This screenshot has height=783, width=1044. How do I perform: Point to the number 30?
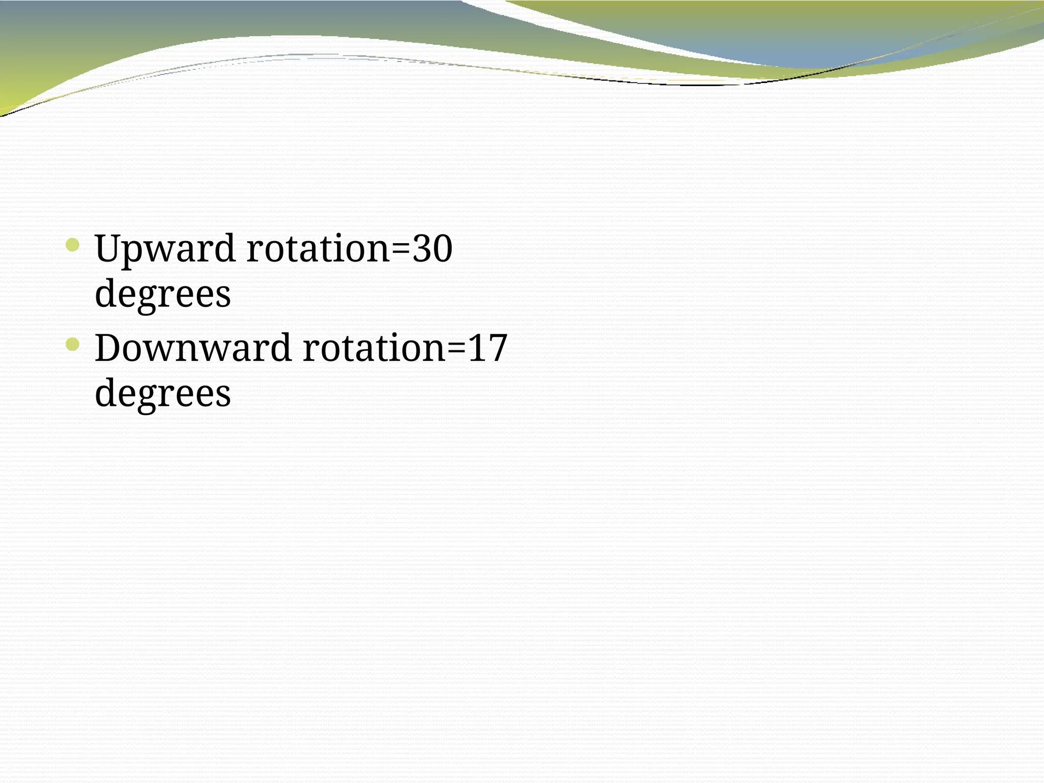(x=432, y=249)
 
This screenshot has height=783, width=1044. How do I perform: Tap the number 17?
(x=487, y=349)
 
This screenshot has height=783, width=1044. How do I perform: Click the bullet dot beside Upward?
(x=73, y=246)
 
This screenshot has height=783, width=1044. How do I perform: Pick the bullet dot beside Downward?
(x=73, y=345)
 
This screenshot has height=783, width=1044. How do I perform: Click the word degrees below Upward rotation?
(x=163, y=295)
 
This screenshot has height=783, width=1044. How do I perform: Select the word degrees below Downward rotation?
(x=163, y=395)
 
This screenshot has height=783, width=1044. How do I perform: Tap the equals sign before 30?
(x=401, y=250)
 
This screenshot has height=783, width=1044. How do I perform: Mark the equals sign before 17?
(x=456, y=349)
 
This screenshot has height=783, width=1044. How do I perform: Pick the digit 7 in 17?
(x=497, y=349)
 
